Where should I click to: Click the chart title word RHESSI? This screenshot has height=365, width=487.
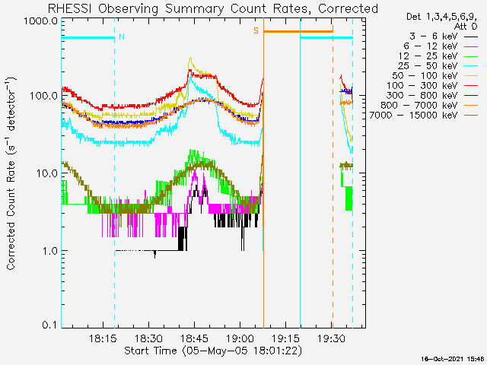click(x=70, y=8)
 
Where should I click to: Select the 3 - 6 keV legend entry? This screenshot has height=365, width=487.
click(x=444, y=36)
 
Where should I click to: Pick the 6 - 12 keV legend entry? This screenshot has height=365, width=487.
click(x=441, y=46)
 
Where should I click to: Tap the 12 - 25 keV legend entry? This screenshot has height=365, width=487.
click(x=438, y=56)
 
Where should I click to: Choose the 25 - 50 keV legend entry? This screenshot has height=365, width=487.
click(x=438, y=66)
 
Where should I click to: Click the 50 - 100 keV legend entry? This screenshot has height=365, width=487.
click(x=434, y=76)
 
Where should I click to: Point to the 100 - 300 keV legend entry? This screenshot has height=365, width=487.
click(x=432, y=86)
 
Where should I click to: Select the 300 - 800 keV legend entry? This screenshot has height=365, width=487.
click(x=432, y=96)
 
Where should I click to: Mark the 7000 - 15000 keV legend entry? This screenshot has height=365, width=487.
click(x=424, y=116)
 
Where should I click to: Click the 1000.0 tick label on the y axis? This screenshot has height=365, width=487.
click(x=41, y=21)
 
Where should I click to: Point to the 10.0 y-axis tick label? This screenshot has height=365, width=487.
click(x=46, y=173)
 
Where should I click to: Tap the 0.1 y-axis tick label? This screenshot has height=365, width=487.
click(x=50, y=325)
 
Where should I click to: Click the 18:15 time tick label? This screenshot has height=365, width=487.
click(x=103, y=338)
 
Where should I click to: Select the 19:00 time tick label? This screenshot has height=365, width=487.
click(x=240, y=338)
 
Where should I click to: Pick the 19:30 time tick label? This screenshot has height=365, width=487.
click(x=332, y=338)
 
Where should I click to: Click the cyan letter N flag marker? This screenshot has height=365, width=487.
click(x=122, y=36)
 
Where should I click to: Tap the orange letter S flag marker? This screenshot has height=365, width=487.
click(x=256, y=30)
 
